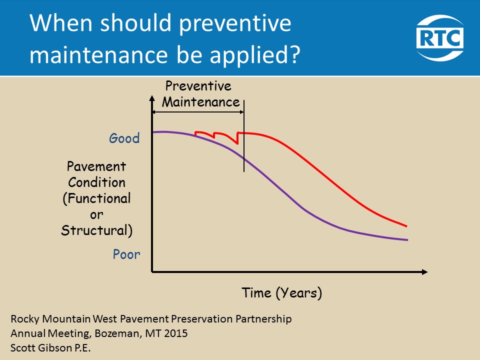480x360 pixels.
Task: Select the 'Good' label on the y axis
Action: tap(124, 138)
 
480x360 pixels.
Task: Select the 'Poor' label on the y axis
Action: tap(126, 254)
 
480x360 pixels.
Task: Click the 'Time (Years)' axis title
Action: tap(282, 292)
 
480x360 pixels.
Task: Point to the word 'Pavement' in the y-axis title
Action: tap(96, 166)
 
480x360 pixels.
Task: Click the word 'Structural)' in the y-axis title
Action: tap(96, 230)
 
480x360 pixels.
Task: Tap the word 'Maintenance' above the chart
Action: tap(201, 102)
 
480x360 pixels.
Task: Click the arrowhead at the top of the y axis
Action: tap(151, 99)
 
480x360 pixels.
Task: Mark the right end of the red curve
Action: tap(406, 226)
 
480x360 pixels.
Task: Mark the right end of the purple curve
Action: tap(407, 240)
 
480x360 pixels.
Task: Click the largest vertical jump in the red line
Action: tap(237, 138)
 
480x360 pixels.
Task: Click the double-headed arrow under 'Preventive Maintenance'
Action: tap(198, 113)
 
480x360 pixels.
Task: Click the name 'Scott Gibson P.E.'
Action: tap(50, 347)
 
